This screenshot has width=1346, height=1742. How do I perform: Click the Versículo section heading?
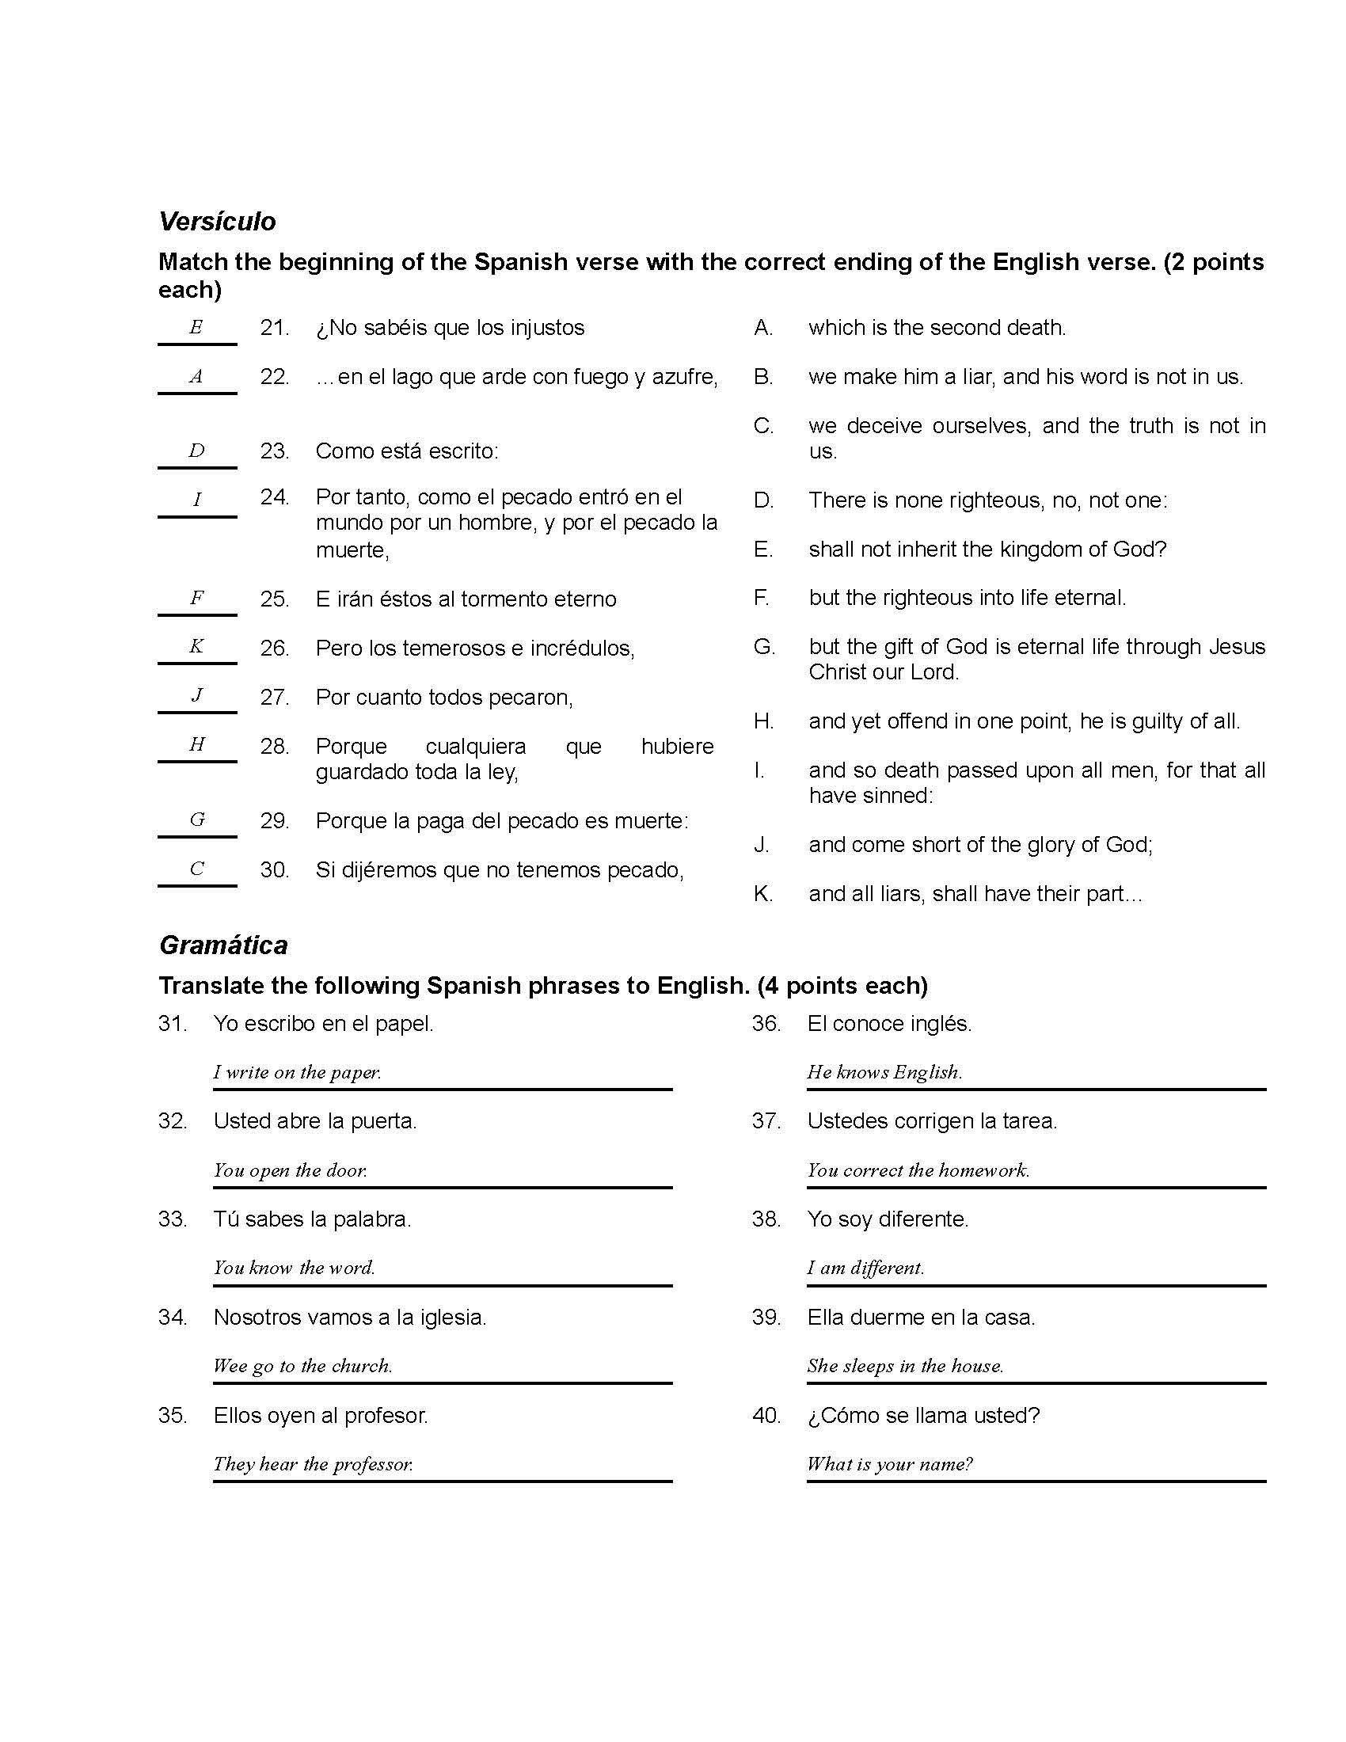point(217,222)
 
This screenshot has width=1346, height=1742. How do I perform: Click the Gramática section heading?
point(223,945)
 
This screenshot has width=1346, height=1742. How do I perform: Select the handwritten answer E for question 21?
point(196,327)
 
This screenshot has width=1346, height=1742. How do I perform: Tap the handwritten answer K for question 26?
point(196,647)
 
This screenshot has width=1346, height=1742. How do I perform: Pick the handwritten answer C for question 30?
point(197,869)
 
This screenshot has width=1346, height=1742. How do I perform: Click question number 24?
point(274,497)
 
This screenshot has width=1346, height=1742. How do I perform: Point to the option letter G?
point(763,647)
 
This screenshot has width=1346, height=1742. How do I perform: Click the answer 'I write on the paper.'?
point(298,1072)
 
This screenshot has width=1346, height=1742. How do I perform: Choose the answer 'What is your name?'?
point(889,1464)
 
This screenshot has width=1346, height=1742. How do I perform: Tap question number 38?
point(766,1219)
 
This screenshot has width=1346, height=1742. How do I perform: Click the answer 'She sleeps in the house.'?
point(905,1367)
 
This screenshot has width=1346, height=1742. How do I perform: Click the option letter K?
point(762,894)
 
